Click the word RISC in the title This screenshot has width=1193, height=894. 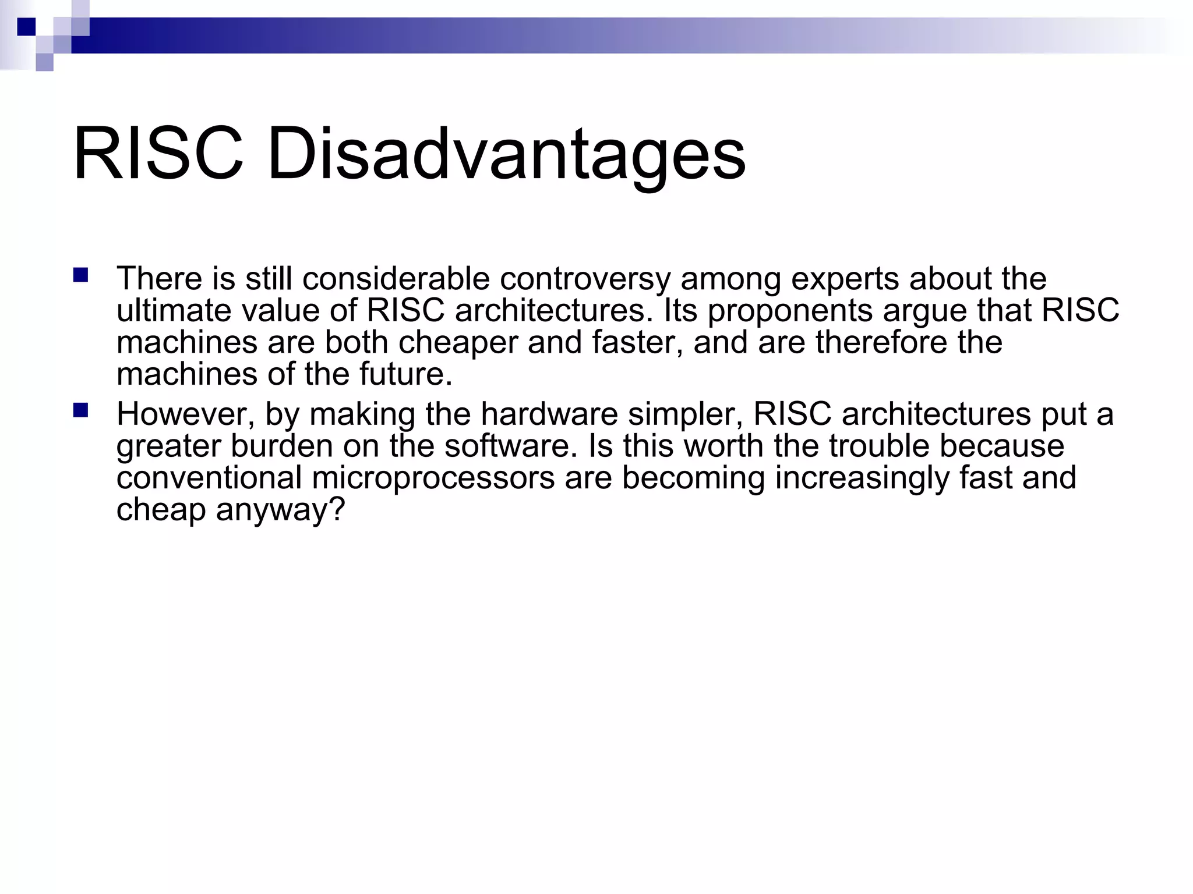[x=158, y=155]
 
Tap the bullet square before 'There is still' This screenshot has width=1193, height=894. [x=80, y=275]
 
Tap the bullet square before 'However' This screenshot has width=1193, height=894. [x=80, y=411]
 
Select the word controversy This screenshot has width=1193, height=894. [x=585, y=279]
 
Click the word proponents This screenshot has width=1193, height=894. [x=790, y=311]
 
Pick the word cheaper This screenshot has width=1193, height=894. [x=458, y=342]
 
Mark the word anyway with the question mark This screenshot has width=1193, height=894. [x=281, y=510]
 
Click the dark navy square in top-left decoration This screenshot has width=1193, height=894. [x=27, y=27]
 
